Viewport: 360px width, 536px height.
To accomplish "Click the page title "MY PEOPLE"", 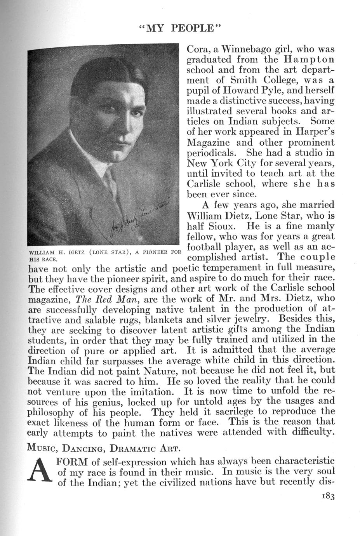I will pyautogui.click(x=180, y=30).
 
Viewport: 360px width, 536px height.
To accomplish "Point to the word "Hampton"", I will pyautogui.click(x=310, y=60).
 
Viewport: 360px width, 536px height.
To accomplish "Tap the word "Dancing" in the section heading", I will pyautogui.click(x=84, y=448).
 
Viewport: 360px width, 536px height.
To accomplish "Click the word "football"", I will pyautogui.click(x=207, y=247).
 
